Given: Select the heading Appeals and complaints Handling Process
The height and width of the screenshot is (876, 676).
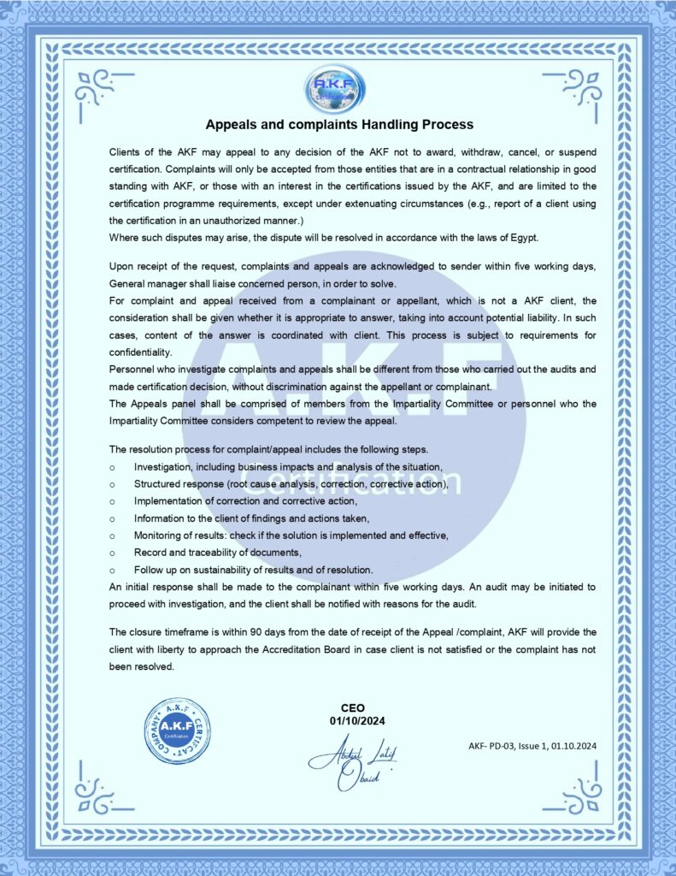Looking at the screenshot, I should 339,125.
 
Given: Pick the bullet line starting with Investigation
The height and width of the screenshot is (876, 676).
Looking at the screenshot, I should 287,466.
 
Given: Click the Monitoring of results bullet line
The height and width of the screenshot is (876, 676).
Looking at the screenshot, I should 291,535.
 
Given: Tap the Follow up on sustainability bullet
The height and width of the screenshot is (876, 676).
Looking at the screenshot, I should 253,570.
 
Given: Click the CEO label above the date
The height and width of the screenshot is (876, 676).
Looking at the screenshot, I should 352,708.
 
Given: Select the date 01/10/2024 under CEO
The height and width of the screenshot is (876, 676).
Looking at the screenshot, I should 352,722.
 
